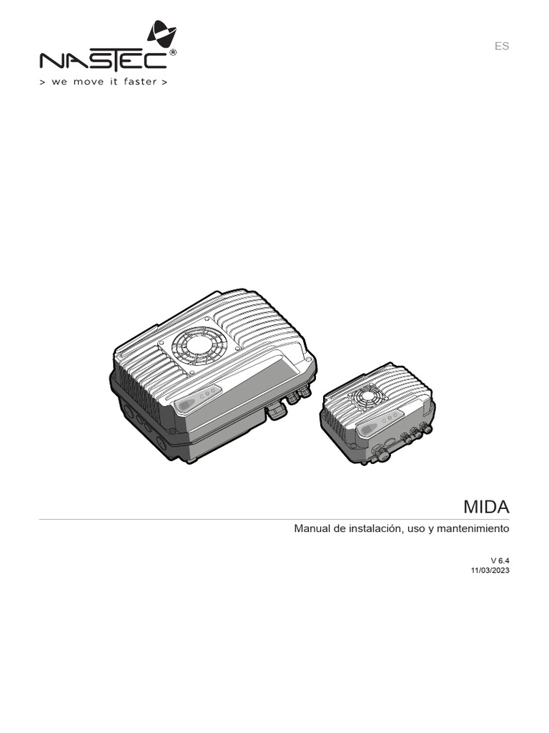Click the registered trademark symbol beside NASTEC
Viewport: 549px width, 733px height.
click(174, 54)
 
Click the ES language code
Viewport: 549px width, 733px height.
click(502, 46)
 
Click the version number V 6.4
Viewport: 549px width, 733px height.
click(500, 560)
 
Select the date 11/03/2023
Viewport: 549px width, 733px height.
click(490, 571)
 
